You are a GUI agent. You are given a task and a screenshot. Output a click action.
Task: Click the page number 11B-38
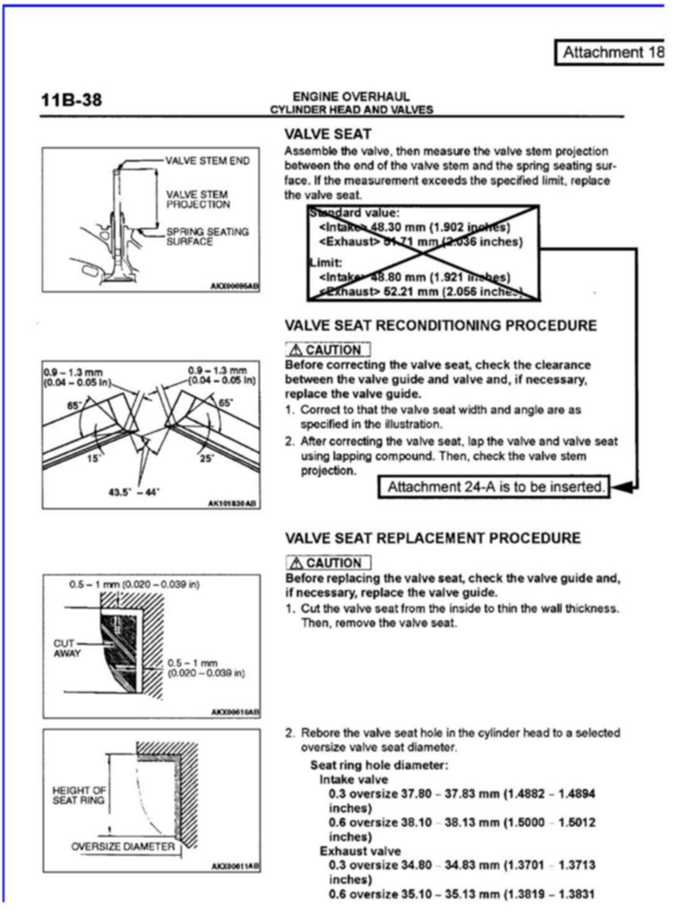[71, 100]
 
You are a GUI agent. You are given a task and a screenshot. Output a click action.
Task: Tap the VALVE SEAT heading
[327, 134]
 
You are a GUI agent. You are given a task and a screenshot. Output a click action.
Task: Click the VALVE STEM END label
[207, 161]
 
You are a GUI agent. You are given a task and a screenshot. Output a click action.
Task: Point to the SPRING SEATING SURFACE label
[207, 236]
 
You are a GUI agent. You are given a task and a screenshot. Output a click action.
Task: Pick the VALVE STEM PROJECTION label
[198, 199]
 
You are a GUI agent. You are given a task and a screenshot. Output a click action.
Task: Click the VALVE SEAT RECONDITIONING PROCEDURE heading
[441, 325]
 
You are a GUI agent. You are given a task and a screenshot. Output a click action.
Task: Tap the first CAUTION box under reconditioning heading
[327, 349]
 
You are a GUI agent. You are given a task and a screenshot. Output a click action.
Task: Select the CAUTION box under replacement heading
[328, 563]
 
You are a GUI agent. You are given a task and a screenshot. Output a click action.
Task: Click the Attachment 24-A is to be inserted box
[494, 487]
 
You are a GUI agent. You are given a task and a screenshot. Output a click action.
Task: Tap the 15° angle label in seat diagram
[93, 458]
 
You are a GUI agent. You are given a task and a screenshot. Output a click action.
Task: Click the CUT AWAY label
[66, 648]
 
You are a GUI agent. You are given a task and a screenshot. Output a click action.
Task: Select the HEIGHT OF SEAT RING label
[79, 795]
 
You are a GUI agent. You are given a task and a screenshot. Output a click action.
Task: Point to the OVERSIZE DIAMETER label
[123, 847]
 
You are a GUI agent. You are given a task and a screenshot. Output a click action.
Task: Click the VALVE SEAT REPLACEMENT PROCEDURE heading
[433, 538]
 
